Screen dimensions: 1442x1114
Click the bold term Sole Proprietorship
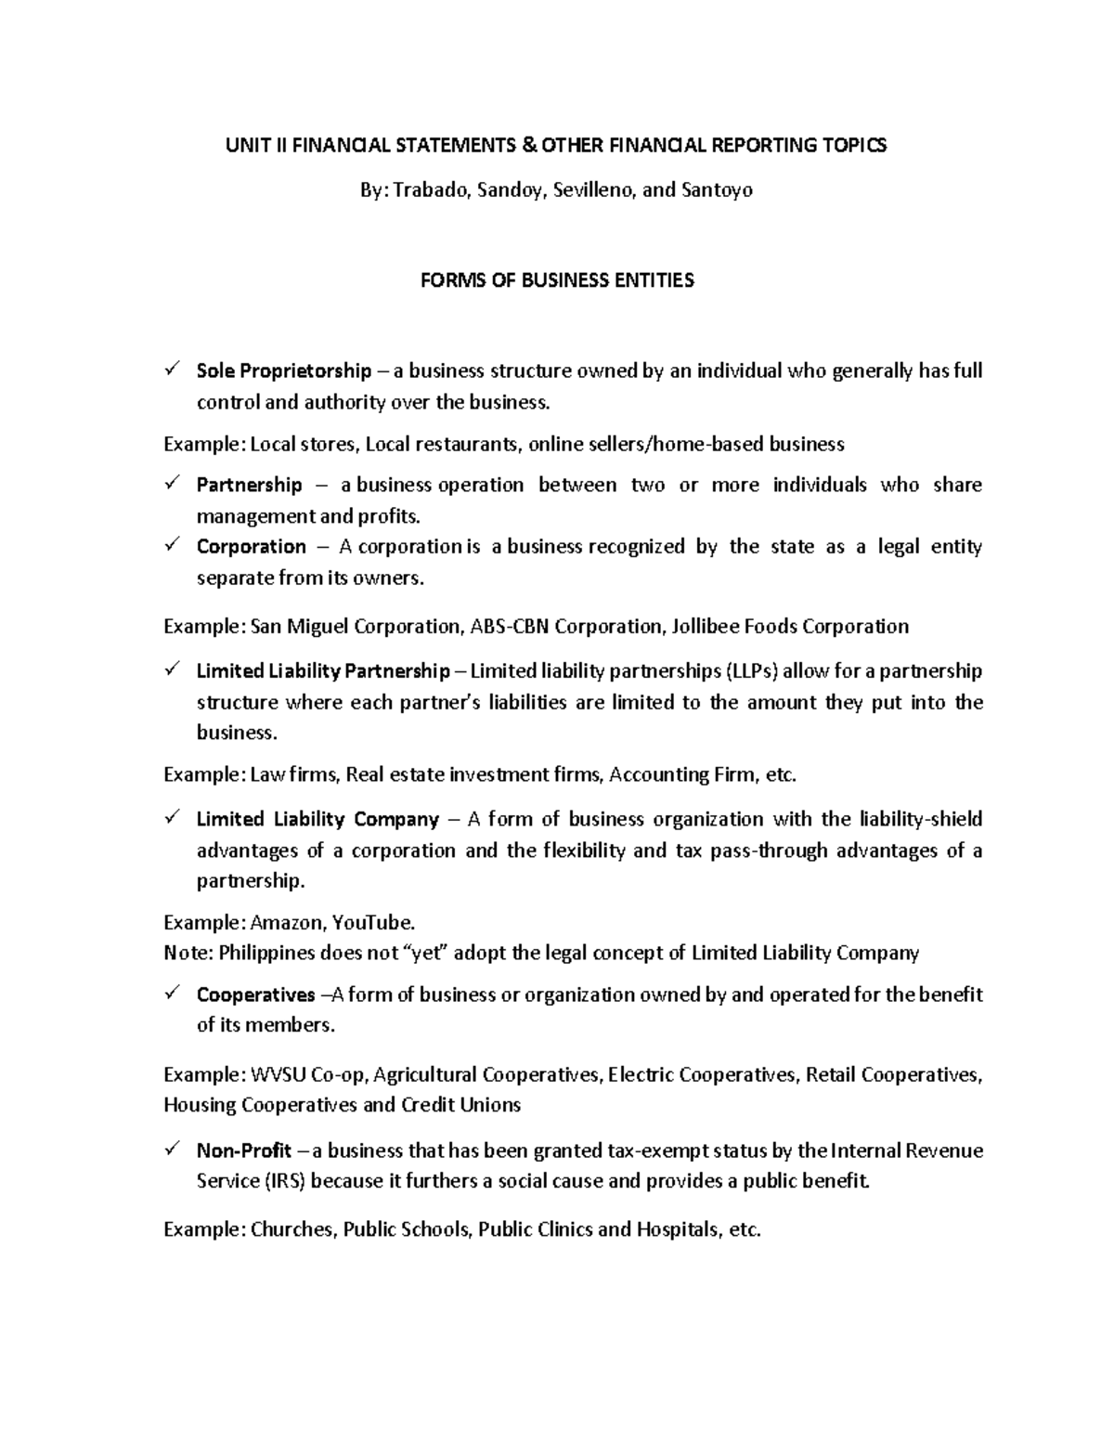point(283,371)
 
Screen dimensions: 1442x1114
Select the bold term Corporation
point(251,546)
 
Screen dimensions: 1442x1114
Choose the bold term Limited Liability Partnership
point(322,670)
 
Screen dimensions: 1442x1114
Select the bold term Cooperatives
point(255,994)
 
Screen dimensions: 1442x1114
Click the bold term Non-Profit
point(244,1150)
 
